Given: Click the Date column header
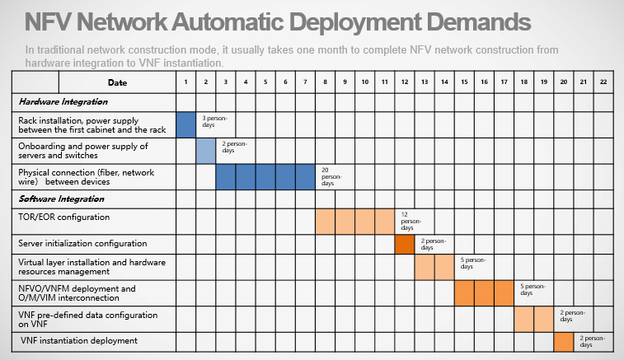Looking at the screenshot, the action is [x=117, y=82].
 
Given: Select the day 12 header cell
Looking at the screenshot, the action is [x=405, y=82].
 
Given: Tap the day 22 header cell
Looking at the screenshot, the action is [x=603, y=82].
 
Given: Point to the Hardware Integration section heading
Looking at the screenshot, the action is [x=63, y=102].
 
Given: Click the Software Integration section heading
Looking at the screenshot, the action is [x=61, y=199].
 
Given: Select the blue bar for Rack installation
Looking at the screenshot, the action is [x=185, y=125].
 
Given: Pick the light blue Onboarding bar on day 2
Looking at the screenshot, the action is [x=206, y=151].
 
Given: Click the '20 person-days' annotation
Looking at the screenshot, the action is [x=331, y=176].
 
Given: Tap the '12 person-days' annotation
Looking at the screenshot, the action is [x=411, y=221].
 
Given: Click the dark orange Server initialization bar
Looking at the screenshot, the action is [x=405, y=244].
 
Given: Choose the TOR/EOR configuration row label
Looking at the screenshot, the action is [x=63, y=217].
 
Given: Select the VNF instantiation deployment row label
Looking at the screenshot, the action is [x=79, y=341].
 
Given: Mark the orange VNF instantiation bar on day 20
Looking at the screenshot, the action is [x=564, y=342].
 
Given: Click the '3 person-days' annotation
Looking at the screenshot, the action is [x=214, y=121].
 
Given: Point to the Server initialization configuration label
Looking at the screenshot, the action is [x=82, y=244].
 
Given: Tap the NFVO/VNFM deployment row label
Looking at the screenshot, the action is [x=77, y=293].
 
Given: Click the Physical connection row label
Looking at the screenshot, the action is [x=86, y=177].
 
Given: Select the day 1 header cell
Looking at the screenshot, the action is [x=185, y=82].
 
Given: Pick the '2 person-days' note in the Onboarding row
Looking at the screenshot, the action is [x=234, y=147].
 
